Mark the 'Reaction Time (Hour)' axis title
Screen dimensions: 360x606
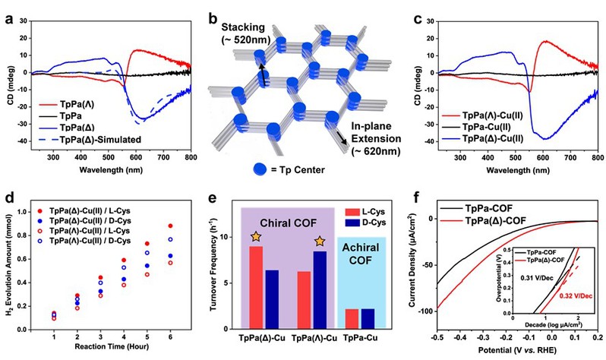106,346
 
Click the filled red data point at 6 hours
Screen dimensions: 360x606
169,226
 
